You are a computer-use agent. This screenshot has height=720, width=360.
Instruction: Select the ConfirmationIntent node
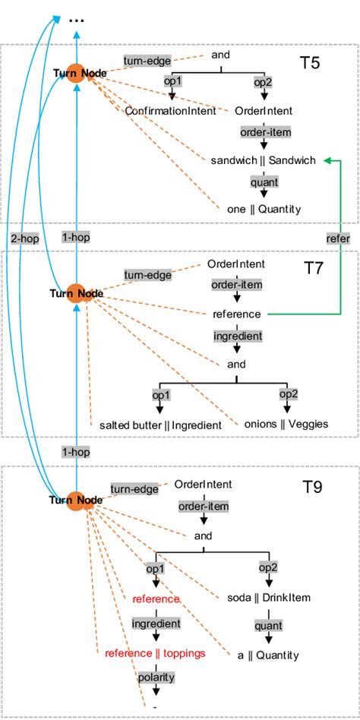(171, 111)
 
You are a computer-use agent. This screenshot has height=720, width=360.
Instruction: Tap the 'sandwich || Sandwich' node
(263, 160)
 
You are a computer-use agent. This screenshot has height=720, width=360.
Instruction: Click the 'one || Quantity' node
(264, 210)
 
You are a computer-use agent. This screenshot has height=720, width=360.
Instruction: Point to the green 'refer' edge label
(339, 238)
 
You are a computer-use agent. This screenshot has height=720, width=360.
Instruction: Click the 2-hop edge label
(25, 238)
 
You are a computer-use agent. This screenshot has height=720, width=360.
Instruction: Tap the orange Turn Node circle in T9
(76, 501)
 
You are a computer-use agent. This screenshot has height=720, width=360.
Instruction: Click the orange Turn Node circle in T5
(76, 73)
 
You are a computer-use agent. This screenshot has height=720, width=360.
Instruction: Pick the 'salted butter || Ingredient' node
(161, 425)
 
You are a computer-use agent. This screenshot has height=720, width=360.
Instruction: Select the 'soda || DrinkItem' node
(269, 598)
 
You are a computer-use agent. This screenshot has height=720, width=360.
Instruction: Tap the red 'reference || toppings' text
(155, 653)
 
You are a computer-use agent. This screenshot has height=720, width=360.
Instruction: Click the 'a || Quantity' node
(268, 655)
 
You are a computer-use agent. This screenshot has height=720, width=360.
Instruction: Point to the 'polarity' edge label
(156, 677)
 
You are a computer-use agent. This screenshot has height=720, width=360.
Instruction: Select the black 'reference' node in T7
(236, 314)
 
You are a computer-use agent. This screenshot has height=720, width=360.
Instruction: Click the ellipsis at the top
(76, 21)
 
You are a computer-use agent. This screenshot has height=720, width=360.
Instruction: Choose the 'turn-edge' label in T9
(134, 489)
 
